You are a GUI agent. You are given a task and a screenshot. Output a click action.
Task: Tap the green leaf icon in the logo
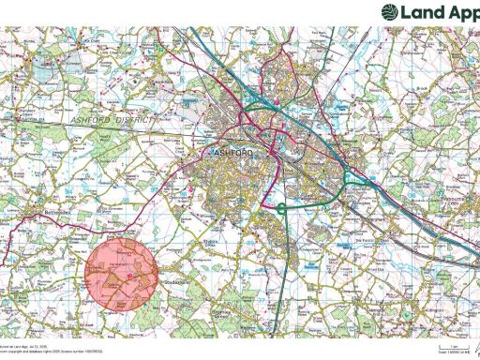tap(388, 12)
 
